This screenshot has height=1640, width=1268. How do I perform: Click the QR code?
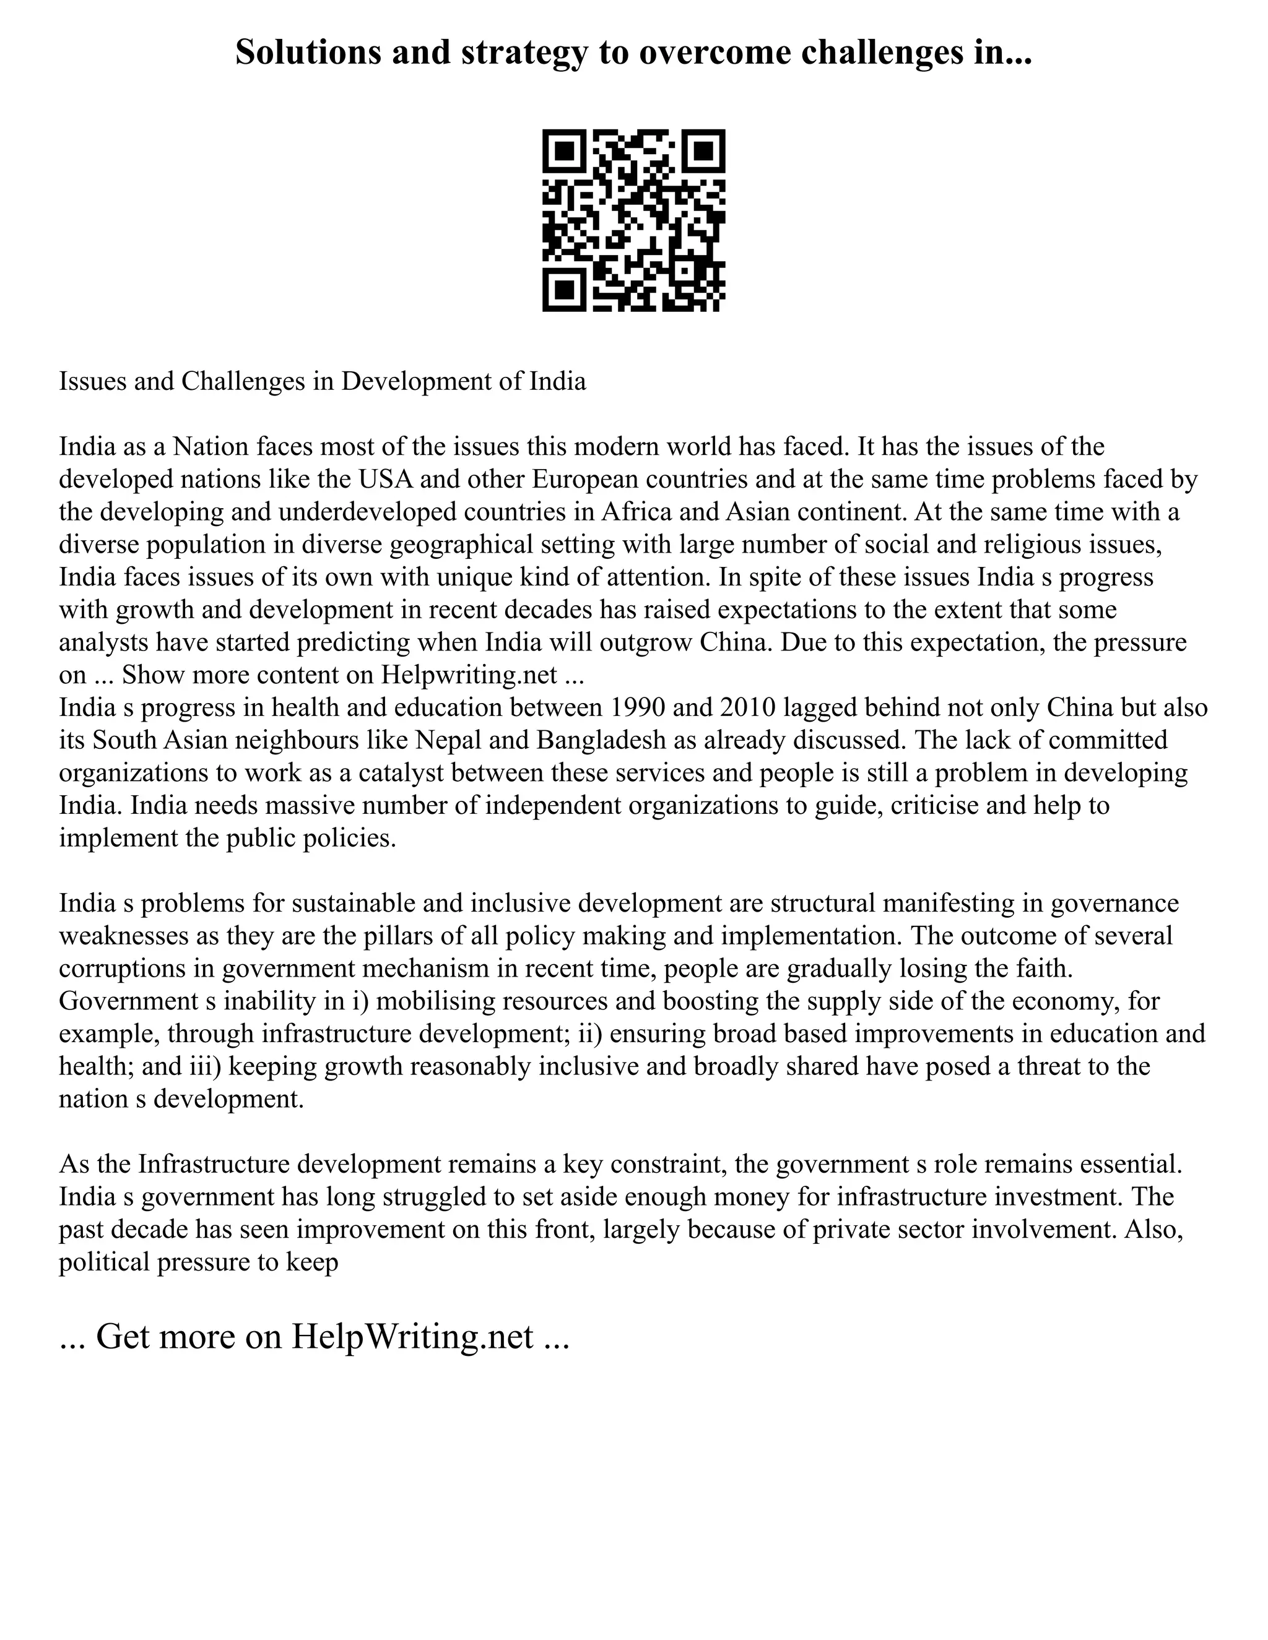(633, 221)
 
